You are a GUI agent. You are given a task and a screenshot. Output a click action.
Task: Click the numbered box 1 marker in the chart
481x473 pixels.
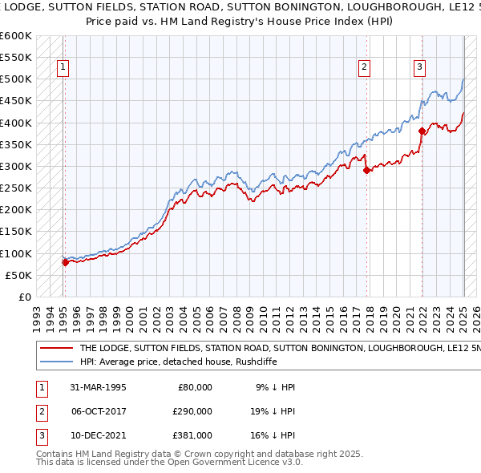(63, 68)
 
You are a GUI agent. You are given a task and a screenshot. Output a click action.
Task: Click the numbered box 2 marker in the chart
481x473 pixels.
(364, 68)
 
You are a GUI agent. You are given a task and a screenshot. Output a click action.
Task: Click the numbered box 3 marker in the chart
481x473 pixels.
(419, 68)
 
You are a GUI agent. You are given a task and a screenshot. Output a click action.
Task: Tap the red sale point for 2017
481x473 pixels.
(366, 170)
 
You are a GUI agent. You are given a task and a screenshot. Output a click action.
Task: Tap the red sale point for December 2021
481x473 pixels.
(422, 131)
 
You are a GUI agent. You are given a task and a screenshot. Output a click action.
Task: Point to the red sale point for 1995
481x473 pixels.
(65, 261)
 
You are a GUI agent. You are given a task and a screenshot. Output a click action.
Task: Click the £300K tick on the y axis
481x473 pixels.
(16, 166)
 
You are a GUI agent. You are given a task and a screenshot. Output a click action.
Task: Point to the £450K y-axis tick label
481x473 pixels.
(16, 101)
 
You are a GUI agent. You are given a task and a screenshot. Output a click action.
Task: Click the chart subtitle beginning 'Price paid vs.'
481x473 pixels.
(240, 22)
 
